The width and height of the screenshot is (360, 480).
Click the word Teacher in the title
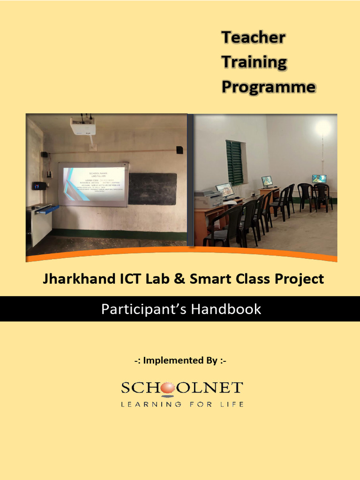coord(253,37)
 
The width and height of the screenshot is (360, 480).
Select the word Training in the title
coord(254,62)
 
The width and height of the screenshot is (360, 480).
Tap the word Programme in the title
coord(268,87)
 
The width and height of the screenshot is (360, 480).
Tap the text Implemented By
coord(180,360)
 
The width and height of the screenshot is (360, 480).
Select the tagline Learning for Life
coord(182,404)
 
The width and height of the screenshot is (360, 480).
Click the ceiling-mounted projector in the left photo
coord(83,126)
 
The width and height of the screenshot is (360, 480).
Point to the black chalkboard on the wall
coord(152,188)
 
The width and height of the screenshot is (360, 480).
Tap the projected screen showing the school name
coord(94,184)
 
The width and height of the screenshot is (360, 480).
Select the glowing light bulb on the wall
coord(323,127)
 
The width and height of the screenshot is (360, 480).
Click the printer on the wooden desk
coord(209,198)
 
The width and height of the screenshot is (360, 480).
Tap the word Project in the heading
coord(300,279)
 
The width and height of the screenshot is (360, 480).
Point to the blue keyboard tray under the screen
coord(47,209)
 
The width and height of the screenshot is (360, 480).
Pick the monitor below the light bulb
coord(319,179)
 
